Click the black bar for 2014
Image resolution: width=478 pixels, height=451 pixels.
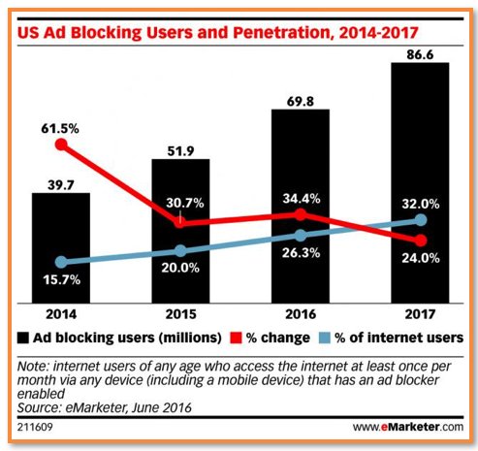pos(61,247)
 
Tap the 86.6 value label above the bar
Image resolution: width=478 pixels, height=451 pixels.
pos(420,50)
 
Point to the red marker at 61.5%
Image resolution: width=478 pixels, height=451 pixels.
pos(61,145)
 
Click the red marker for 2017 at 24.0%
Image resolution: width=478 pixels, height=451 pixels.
pos(420,240)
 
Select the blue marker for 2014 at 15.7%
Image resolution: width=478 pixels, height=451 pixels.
pos(61,262)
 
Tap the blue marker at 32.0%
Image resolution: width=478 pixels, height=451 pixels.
pos(420,220)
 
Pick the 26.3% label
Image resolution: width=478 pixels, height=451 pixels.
pos(301,257)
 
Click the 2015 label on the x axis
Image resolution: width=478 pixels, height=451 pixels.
pos(180,315)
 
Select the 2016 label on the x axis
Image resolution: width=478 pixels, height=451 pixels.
pos(300,315)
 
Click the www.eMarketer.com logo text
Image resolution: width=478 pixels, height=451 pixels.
pos(406,426)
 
